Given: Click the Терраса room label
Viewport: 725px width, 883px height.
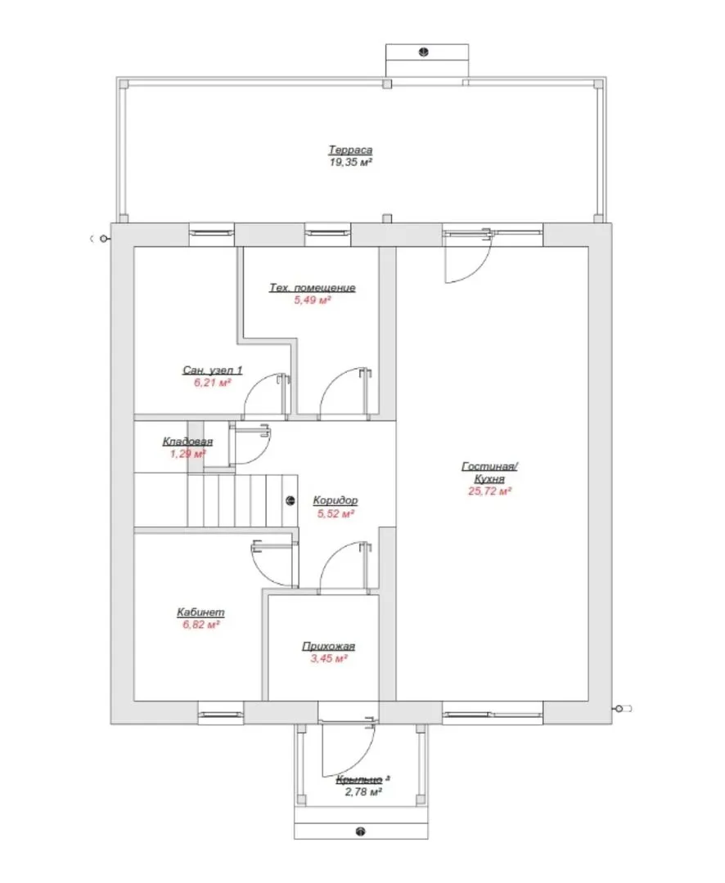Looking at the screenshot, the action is coord(350,150).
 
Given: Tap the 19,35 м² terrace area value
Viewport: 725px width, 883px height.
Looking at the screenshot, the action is coord(350,162).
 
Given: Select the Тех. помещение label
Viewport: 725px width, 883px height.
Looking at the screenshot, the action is coord(313,287).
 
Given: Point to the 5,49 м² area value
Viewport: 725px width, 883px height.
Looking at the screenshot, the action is coord(313,299).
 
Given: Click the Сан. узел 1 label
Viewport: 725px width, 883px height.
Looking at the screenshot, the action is coord(213,370).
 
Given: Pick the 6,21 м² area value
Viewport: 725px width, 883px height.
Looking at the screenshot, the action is coord(213,383).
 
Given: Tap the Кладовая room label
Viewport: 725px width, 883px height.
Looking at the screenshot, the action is coord(187,441).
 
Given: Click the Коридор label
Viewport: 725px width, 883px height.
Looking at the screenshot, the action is coord(335,500).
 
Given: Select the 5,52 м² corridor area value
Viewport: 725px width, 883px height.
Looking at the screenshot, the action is coord(335,513).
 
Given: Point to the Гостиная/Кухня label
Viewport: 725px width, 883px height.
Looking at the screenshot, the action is coord(489,472).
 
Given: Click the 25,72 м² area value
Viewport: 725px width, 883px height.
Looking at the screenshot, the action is coord(489,491).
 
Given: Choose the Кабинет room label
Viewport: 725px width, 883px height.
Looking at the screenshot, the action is coord(200,612).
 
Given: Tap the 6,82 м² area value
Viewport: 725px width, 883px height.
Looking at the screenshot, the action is coord(200,624).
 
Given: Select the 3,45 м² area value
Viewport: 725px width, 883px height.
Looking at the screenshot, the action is coord(329,657).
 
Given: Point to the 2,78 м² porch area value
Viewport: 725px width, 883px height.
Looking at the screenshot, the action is coord(363,791).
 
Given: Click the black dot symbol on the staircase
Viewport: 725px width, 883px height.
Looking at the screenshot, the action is coord(290,500).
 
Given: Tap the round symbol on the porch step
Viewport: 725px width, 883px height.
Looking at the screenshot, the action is coord(361,831).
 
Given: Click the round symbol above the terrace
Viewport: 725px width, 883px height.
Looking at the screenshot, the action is coord(423,52).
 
